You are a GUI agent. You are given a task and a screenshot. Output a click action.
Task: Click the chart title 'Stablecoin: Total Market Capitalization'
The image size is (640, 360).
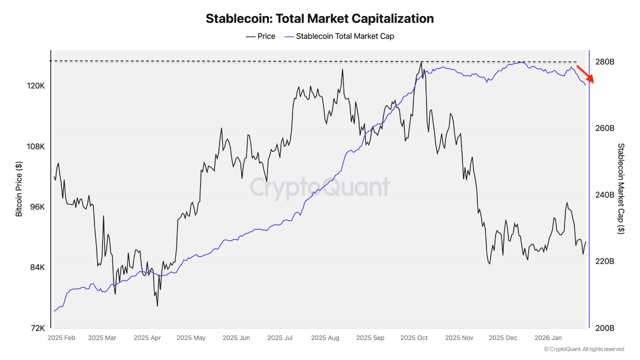319,19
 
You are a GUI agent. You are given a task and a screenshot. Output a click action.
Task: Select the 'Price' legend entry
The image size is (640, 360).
260,36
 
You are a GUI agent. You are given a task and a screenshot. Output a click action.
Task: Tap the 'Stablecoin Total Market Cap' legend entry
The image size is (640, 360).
339,36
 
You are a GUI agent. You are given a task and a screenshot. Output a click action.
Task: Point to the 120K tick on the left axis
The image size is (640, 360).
35,86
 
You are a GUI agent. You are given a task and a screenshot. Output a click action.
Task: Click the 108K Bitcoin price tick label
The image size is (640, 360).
35,146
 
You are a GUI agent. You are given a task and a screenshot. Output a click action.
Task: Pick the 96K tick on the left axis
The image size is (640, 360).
36,207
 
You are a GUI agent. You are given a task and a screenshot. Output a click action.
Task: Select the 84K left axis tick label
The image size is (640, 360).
36,267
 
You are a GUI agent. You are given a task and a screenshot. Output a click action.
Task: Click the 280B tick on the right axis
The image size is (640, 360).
604,62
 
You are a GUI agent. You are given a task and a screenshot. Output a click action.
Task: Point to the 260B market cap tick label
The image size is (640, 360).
604,128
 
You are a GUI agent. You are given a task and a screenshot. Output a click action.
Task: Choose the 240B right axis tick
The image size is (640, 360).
604,195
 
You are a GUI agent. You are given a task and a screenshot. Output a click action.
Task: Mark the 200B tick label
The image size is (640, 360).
604,328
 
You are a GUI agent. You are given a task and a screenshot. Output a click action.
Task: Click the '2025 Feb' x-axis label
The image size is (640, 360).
61,338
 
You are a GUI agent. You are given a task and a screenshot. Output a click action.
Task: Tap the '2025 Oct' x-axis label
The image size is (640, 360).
414,338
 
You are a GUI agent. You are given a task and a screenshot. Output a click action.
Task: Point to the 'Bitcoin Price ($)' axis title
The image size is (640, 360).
19,189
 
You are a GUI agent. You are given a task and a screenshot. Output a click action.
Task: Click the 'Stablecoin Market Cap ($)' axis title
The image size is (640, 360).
621,189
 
